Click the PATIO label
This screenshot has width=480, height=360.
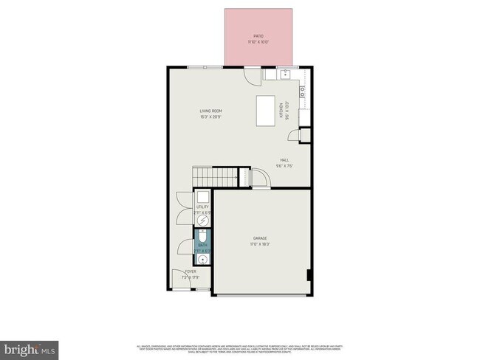click(x=258, y=35)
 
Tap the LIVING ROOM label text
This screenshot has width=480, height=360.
click(x=210, y=111)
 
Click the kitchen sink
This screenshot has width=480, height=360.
click(x=284, y=75)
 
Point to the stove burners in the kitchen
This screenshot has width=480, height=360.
click(x=302, y=92)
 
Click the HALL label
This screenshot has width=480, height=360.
click(x=284, y=160)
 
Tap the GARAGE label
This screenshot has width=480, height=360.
click(x=259, y=238)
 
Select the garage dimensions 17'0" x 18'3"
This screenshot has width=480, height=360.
click(x=259, y=244)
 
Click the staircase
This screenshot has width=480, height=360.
click(x=213, y=177)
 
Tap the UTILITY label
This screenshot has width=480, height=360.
click(x=202, y=207)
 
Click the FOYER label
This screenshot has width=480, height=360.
click(x=191, y=272)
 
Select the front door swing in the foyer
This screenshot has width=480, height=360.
click(x=180, y=279)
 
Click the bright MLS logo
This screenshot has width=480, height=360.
click(x=30, y=347)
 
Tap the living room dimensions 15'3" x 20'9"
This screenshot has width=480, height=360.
click(x=210, y=117)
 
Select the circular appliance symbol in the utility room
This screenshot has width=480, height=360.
click(x=202, y=219)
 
